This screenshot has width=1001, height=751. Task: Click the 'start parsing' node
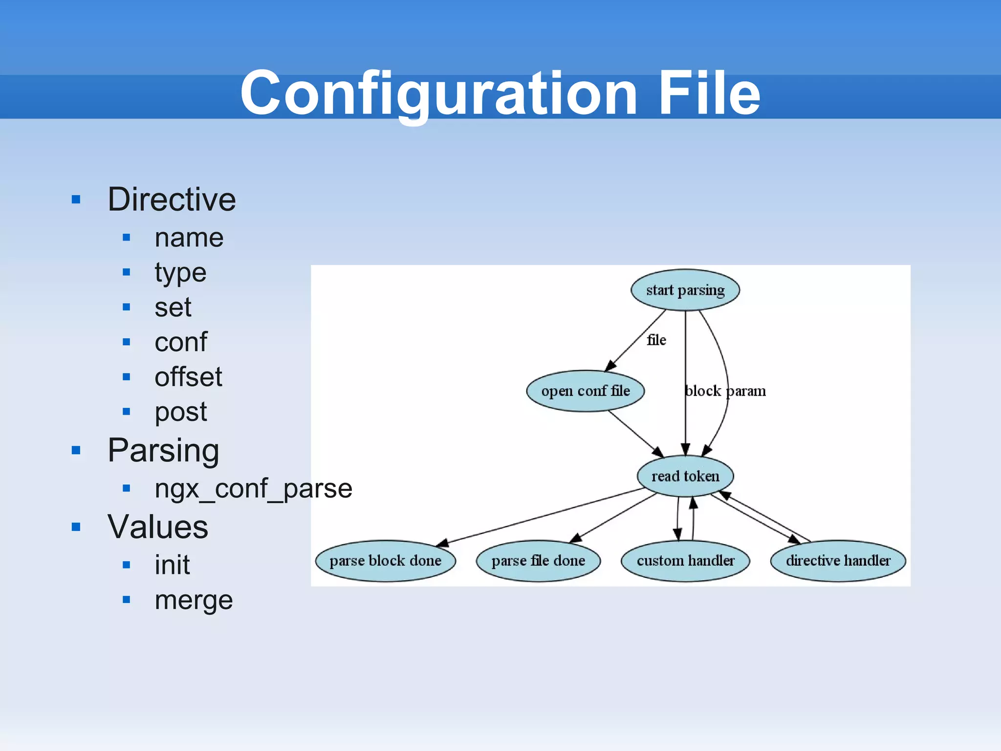[685, 290]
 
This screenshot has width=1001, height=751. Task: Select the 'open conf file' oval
[586, 391]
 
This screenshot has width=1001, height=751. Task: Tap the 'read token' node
[685, 476]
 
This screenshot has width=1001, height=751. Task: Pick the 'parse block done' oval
[386, 561]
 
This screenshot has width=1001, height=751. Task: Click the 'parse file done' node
[538, 561]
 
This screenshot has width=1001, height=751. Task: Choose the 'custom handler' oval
[685, 561]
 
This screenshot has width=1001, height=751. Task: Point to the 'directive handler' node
[838, 561]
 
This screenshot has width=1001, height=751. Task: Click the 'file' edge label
[656, 340]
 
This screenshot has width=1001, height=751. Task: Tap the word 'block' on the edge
[703, 391]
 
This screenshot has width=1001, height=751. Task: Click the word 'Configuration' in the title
[438, 93]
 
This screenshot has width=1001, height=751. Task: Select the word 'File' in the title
[709, 93]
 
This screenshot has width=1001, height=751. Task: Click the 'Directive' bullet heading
[172, 199]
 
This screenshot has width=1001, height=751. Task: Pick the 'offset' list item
[188, 377]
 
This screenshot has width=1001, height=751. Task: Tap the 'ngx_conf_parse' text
[253, 488]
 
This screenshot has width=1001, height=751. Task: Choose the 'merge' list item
[194, 600]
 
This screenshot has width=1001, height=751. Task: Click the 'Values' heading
[158, 527]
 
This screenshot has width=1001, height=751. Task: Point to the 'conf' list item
[181, 342]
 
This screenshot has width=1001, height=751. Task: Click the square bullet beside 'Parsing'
[76, 450]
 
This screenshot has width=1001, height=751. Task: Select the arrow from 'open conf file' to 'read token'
[635, 434]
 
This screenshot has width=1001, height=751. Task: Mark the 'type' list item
[180, 272]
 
